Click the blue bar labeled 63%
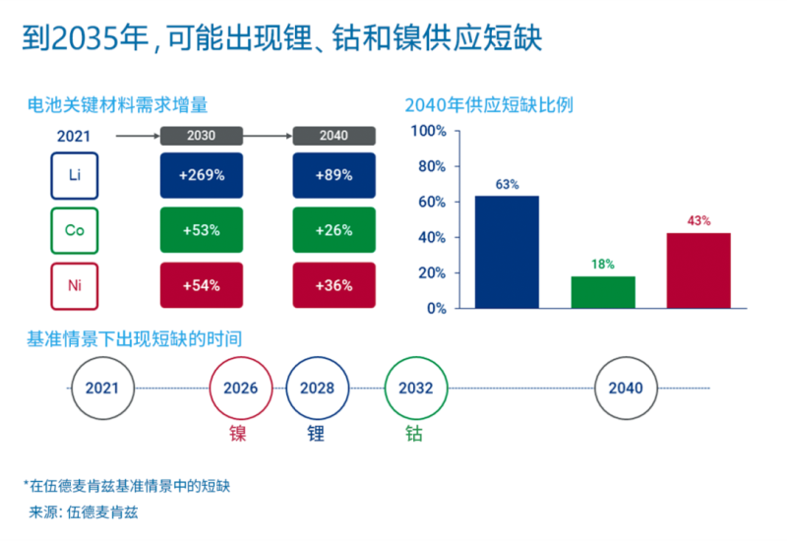tap(507, 252)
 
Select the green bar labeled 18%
tap(603, 292)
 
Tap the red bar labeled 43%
tap(698, 270)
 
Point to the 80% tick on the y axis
tap(432, 166)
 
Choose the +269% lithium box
tap(203, 175)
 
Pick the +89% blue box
tap(334, 175)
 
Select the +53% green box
tap(203, 230)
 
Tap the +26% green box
tap(334, 230)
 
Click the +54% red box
tap(203, 285)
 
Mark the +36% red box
tap(334, 285)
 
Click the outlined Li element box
tap(75, 175)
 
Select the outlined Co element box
tap(75, 230)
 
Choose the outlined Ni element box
tap(75, 285)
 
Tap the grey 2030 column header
tap(202, 136)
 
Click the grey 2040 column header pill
tap(333, 136)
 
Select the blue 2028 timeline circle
tap(318, 388)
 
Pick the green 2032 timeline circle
tap(415, 388)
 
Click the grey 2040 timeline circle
tap(626, 388)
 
